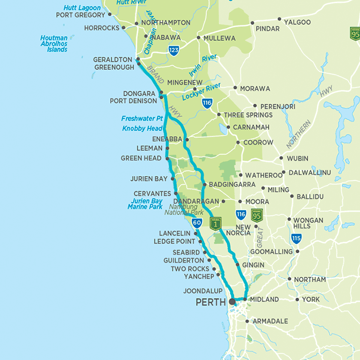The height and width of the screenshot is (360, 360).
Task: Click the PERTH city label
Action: click(x=210, y=302)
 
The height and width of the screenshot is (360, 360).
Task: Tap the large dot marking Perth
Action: click(x=232, y=302)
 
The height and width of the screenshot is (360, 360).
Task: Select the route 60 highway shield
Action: click(x=197, y=222)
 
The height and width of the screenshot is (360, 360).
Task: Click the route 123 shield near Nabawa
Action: click(x=174, y=50)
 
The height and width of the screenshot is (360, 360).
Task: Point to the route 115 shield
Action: click(x=296, y=238)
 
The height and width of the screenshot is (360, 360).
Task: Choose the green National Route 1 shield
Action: click(x=215, y=223)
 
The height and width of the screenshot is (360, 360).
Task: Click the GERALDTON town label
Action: click(x=113, y=60)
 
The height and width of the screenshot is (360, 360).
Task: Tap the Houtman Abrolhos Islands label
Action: click(x=54, y=44)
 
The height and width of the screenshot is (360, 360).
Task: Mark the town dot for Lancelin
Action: click(x=195, y=234)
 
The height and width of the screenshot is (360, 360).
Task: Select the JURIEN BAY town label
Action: click(x=149, y=179)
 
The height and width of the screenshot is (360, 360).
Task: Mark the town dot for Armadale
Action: click(x=247, y=321)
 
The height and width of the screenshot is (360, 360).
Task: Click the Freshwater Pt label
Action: click(x=142, y=119)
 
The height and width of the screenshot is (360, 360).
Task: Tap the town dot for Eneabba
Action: click(x=187, y=139)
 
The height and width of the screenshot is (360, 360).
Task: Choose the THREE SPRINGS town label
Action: click(x=248, y=115)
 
